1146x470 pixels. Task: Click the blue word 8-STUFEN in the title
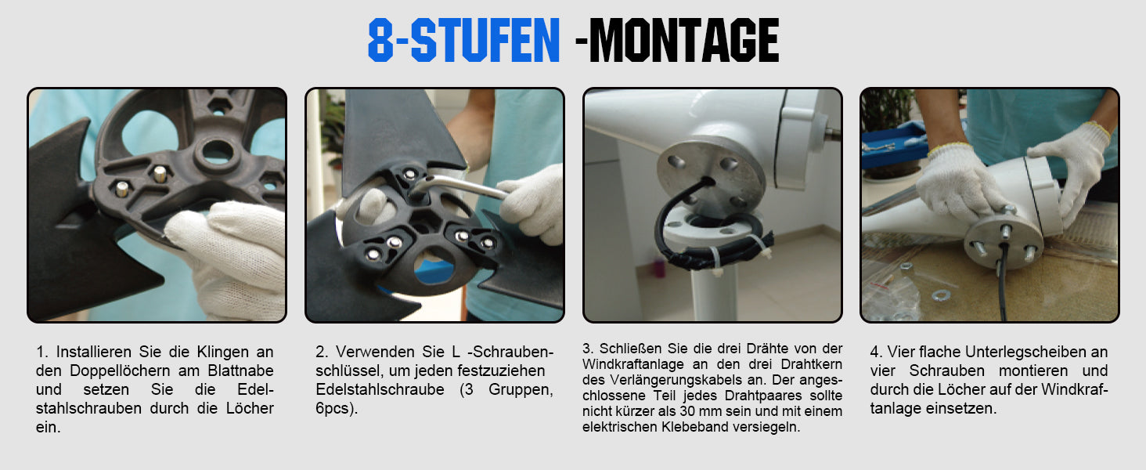point(463,41)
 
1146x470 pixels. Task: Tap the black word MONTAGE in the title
point(684,41)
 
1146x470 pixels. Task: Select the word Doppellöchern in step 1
point(121,371)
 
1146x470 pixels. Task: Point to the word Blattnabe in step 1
point(240,371)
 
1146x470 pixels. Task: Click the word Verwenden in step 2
point(376,352)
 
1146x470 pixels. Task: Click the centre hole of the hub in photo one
point(218,151)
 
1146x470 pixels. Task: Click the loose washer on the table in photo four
point(940,295)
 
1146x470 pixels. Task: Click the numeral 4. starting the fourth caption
point(876,352)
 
